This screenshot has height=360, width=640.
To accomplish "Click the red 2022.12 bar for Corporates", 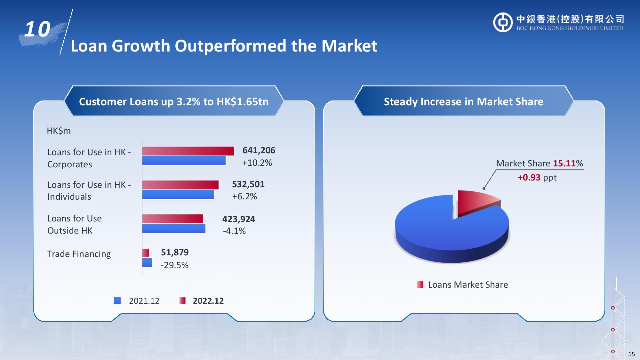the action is tap(188, 151).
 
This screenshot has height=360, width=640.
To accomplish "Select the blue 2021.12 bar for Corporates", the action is tap(184, 161).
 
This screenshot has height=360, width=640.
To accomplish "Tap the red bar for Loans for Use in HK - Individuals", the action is tap(180, 185).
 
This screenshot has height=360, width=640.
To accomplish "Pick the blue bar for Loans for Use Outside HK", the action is tap(174, 229).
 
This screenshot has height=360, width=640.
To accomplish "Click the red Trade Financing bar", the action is tap(146, 253).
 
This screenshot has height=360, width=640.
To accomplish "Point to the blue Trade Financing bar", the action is tap(147, 263).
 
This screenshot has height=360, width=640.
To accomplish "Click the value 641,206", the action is tap(259, 150).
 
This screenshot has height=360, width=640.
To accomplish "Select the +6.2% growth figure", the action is tap(244, 196).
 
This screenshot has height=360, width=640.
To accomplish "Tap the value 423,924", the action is tap(239, 219).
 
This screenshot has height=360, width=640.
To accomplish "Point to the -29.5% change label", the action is tap(174, 265).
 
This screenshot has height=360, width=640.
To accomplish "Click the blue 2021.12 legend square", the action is tap(117, 301).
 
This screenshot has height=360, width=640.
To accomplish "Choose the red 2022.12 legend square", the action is tap(182, 301).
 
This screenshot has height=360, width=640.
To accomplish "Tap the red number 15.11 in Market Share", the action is tap(564, 164).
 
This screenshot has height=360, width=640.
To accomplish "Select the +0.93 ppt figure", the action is tap(537, 178).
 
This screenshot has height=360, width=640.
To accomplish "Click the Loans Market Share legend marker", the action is tap(420, 284).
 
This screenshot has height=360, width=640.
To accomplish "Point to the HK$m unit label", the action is tap(59, 131).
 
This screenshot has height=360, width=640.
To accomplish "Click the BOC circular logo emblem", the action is tap(503, 22).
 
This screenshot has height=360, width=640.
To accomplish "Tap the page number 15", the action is tap(631, 354).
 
